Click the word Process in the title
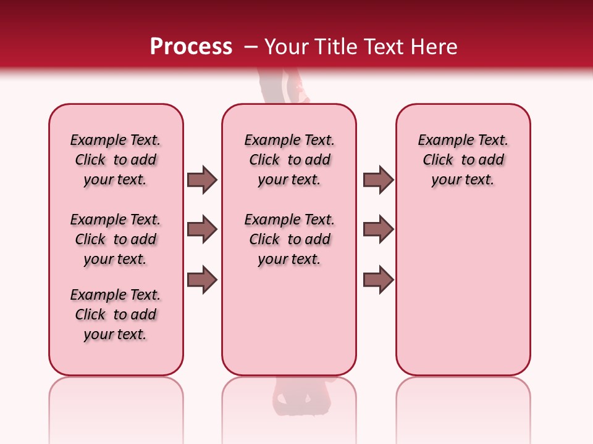coord(190,47)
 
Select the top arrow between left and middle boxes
coord(202,179)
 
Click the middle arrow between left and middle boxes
coord(202,229)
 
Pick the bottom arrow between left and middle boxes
coord(202,280)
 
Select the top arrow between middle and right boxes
coord(378,179)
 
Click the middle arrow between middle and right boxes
coord(378,229)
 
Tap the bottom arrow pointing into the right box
coord(378,280)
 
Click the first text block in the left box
coord(116,160)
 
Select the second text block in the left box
coord(116,239)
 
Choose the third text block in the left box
coord(116,314)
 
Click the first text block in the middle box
coord(289,160)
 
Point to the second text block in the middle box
coord(289,239)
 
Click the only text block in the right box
coord(463,160)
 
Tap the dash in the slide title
coord(251,47)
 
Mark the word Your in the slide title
coord(287,47)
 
